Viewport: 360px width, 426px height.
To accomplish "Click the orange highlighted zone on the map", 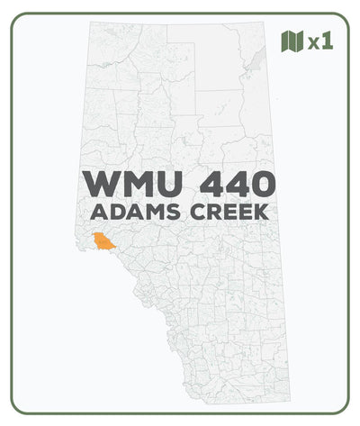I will [x=106, y=240].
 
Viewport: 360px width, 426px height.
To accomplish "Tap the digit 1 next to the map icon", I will [x=328, y=41].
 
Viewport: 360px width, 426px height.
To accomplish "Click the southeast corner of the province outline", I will [x=290, y=400].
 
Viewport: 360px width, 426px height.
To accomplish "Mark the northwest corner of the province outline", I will [x=88, y=25].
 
